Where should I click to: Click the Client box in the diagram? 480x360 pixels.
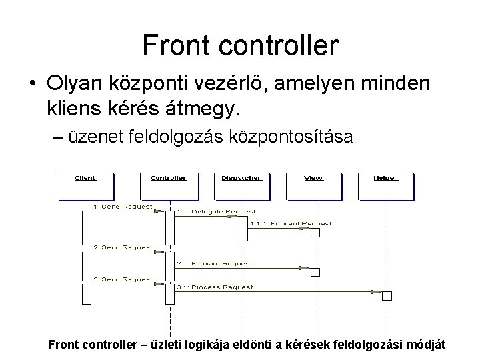85,186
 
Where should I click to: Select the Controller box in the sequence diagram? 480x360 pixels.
168,186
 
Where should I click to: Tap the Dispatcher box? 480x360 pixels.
241,186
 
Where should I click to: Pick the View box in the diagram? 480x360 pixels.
314,186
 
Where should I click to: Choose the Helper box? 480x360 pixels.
385,186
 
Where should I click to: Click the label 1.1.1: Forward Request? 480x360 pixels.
290,224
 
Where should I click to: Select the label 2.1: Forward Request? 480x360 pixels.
215,263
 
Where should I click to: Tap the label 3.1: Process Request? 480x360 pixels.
215,287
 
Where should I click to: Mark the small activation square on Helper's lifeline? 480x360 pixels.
387,295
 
